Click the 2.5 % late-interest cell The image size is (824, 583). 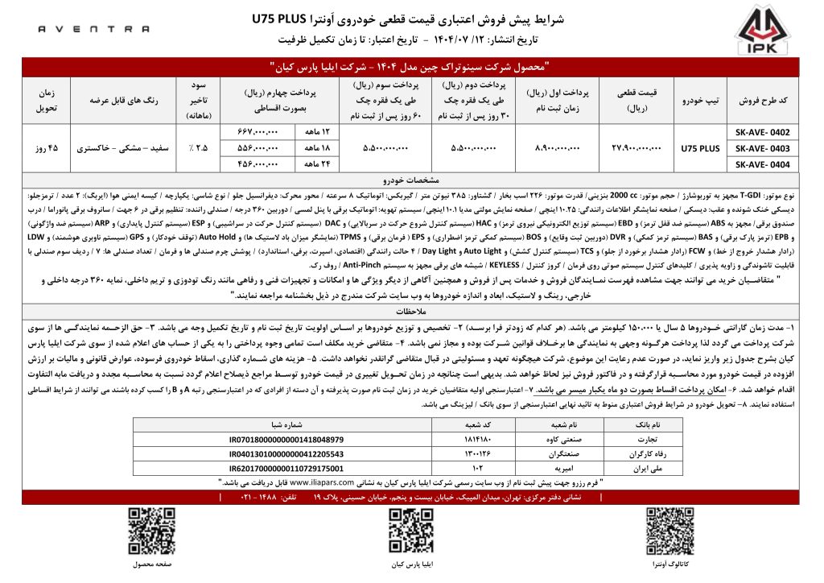pos(197,148)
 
